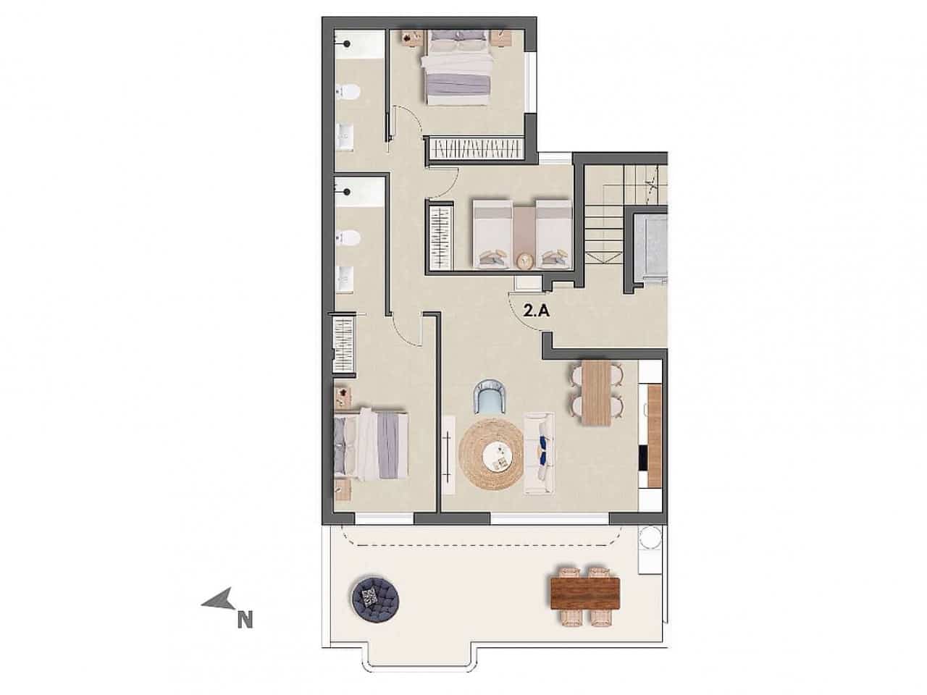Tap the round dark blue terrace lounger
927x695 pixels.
tap(374, 598)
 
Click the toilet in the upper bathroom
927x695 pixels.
tap(348, 93)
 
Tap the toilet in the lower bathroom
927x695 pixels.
tap(348, 237)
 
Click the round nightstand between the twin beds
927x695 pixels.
tap(526, 260)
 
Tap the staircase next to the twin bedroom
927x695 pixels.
tap(611, 217)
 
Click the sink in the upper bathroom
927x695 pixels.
tap(345, 135)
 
